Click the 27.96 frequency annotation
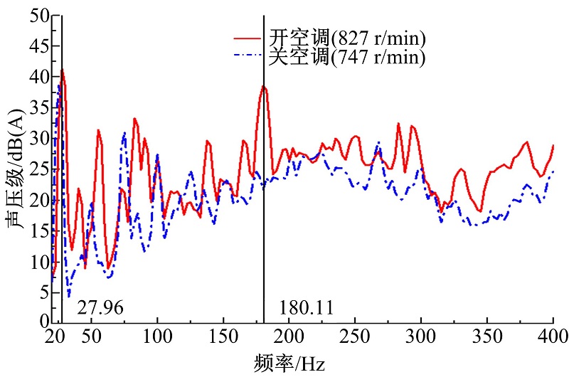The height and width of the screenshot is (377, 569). point(100,308)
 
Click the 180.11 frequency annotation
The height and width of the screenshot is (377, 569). point(307,308)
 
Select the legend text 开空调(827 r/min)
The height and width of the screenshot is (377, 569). point(346,37)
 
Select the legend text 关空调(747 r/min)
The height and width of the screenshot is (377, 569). point(346,57)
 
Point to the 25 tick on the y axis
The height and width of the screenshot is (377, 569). point(35,169)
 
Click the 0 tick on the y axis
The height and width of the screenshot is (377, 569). point(41,322)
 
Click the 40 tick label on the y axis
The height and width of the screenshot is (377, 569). point(35,77)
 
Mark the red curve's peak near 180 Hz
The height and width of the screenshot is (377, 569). point(264,86)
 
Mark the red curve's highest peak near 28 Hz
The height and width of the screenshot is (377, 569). point(63,70)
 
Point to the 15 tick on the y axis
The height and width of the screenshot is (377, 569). point(35,230)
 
